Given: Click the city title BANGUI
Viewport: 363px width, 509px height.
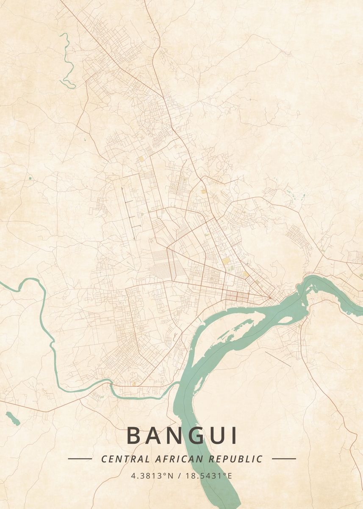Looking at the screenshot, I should click(182, 436).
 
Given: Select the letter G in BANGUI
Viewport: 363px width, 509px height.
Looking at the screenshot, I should click(193, 436).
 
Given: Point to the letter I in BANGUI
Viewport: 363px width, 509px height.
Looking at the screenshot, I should click(234, 436).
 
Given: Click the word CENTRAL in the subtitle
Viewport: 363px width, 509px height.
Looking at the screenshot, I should click(125, 459).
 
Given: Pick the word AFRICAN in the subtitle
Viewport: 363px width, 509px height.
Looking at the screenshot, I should click(175, 459).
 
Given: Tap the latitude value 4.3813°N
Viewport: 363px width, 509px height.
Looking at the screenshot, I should click(152, 475).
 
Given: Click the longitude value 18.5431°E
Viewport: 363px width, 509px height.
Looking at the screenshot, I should click(209, 475).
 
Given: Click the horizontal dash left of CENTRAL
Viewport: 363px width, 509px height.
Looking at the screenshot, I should click(80, 459).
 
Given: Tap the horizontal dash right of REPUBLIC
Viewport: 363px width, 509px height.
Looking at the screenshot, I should click(284, 459).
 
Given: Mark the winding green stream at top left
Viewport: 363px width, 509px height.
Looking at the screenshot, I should click(67, 59).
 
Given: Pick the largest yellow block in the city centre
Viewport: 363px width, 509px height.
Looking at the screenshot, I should click(226, 260).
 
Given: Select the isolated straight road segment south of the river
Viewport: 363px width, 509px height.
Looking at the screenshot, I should click(278, 359).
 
